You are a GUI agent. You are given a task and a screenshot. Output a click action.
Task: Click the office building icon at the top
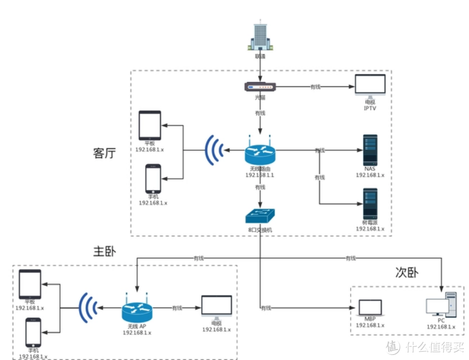[260, 36]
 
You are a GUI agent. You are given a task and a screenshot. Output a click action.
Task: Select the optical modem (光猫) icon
[260, 87]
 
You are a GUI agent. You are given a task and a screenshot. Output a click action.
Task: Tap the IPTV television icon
[370, 85]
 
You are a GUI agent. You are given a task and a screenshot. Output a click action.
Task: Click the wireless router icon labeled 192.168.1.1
[260, 152]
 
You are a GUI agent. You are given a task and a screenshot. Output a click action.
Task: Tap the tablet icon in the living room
[150, 125]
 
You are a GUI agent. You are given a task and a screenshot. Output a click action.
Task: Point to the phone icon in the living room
[153, 179]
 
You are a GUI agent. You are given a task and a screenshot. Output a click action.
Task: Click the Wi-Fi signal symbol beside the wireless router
[214, 149]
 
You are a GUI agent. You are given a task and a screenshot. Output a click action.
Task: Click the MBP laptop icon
[370, 308]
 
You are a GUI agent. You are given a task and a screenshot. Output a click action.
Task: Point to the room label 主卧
[104, 251]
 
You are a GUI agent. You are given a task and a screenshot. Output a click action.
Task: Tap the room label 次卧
[407, 272]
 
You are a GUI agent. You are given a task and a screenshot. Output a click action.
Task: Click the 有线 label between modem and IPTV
[315, 87]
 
